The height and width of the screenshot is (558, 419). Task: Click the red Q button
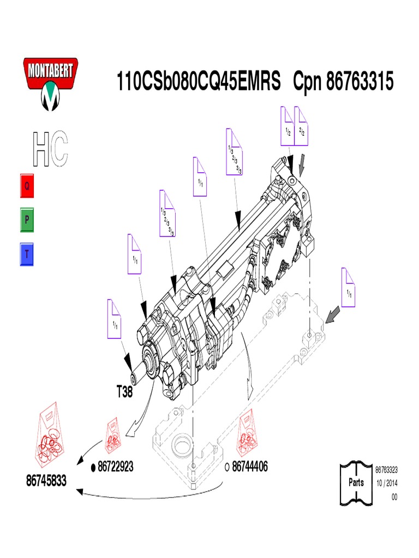(28, 186)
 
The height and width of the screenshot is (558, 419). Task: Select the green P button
(28, 220)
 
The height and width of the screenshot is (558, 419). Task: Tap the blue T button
(28, 254)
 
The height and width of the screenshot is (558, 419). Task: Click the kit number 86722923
(115, 466)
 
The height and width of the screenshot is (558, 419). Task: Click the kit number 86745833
(46, 481)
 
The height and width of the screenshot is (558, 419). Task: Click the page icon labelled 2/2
(302, 126)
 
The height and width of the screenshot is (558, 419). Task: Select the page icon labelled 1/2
(288, 126)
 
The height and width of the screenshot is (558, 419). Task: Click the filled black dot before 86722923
(93, 467)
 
